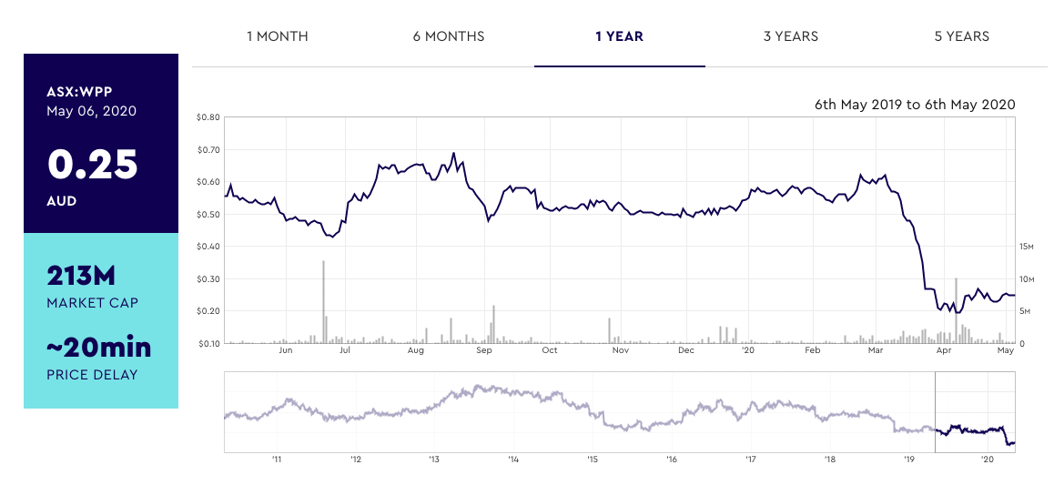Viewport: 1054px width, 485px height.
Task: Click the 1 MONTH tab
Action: pyautogui.click(x=277, y=36)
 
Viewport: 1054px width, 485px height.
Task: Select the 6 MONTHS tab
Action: pyautogui.click(x=448, y=36)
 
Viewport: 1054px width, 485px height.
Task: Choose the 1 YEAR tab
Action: pyautogui.click(x=619, y=36)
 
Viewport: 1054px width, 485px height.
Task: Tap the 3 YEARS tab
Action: pyautogui.click(x=790, y=36)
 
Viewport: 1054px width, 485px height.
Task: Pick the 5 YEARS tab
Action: pyautogui.click(x=961, y=36)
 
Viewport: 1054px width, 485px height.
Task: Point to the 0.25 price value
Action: pyautogui.click(x=93, y=165)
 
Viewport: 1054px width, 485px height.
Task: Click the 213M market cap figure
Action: pyautogui.click(x=81, y=276)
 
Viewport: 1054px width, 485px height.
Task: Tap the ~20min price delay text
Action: pyautogui.click(x=98, y=347)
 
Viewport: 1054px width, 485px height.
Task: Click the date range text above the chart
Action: pyautogui.click(x=915, y=105)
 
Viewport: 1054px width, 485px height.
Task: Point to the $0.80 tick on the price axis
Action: pyautogui.click(x=208, y=117)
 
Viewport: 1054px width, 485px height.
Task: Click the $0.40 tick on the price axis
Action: pyautogui.click(x=208, y=247)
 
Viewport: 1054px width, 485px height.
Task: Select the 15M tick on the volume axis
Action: pyautogui.click(x=1027, y=247)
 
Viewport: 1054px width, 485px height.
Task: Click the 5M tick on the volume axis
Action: pyautogui.click(x=1027, y=311)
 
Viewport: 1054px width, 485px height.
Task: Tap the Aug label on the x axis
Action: pyautogui.click(x=416, y=350)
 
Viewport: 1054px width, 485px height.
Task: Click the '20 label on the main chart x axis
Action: pyautogui.click(x=748, y=350)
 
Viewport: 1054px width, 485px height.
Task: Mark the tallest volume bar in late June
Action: pyautogui.click(x=323, y=301)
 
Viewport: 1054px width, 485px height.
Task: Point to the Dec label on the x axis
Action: pyautogui.click(x=685, y=350)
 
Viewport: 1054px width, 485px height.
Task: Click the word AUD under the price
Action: pyautogui.click(x=62, y=201)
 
